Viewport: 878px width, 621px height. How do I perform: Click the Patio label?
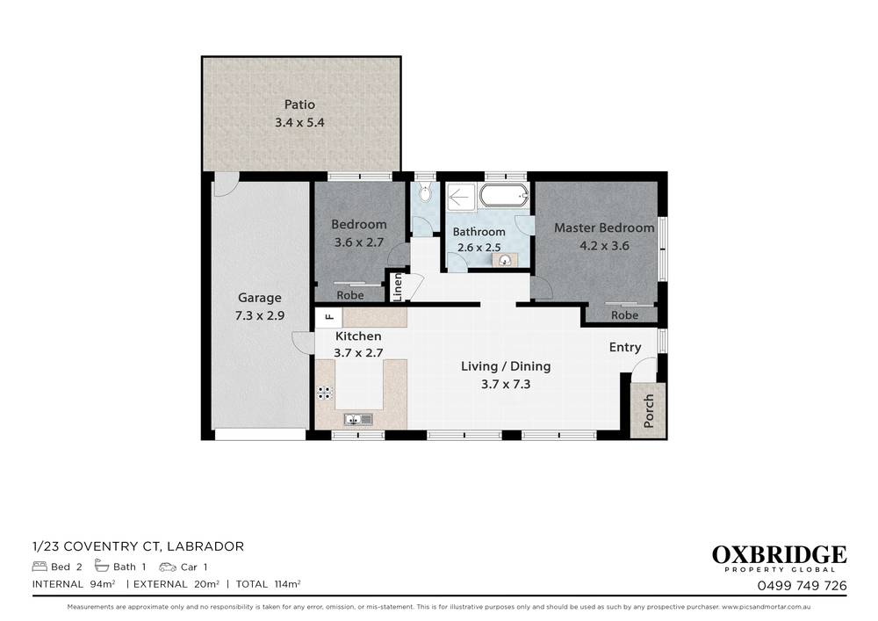point(299,105)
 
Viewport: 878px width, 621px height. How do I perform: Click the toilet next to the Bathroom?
point(425,194)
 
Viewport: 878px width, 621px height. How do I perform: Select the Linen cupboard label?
point(397,286)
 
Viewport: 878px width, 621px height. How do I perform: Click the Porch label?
point(649,410)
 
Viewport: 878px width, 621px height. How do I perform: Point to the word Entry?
point(625,347)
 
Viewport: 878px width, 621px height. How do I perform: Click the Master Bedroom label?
point(603,227)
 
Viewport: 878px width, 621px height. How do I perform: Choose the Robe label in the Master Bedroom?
point(624,315)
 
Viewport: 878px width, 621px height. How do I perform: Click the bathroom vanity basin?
point(505,259)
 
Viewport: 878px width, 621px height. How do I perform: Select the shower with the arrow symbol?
point(459,198)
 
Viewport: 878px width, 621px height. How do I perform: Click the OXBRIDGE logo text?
point(779,555)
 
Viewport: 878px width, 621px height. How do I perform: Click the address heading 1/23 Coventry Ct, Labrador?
point(138,546)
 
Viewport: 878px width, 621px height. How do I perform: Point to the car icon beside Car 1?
point(167,567)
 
